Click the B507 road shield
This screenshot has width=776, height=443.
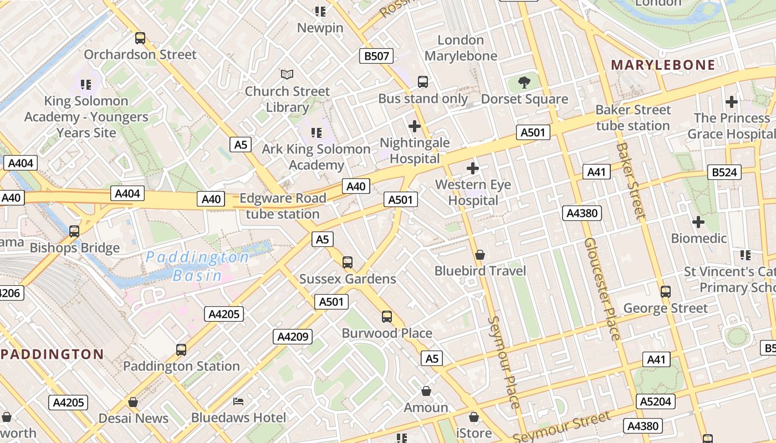point(377,56)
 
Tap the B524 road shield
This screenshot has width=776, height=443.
point(724,172)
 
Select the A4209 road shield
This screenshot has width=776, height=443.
point(293,337)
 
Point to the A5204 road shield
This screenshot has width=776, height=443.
point(656,401)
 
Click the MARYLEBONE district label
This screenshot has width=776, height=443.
point(663,65)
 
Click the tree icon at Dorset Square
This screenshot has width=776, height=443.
point(524,83)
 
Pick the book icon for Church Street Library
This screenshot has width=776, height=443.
point(287,74)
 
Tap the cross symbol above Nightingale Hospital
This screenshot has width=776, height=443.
point(414,126)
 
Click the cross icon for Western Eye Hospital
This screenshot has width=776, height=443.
point(473,168)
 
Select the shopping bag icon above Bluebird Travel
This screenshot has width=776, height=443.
point(480,255)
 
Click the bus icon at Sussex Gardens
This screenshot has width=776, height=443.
point(348,262)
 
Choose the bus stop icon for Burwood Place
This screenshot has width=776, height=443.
point(387,317)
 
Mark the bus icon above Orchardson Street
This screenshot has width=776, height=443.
point(140,38)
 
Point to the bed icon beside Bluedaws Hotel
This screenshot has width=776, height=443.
point(238,401)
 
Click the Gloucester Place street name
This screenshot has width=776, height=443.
point(601,289)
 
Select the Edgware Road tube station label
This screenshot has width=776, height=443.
point(283,206)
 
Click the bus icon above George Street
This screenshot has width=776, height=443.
point(666,292)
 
